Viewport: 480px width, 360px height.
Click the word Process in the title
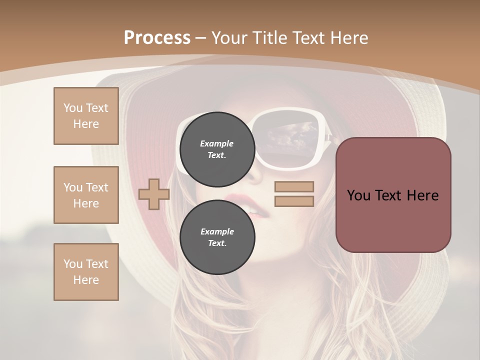(157, 38)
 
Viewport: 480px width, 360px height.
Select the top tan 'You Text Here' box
(86, 116)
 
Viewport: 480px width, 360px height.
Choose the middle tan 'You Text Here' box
(86, 195)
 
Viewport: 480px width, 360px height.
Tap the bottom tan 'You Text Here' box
(86, 272)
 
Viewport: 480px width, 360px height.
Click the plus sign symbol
(154, 194)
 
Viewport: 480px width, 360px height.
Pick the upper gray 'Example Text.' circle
(217, 149)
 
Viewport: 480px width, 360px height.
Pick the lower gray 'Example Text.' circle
(217, 237)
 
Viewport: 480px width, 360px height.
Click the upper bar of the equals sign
(294, 186)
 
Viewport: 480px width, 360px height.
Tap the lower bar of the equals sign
(294, 201)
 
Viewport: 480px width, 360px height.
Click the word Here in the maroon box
(422, 195)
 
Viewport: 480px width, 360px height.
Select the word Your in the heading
(229, 38)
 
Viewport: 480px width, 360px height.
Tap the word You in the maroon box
(358, 195)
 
